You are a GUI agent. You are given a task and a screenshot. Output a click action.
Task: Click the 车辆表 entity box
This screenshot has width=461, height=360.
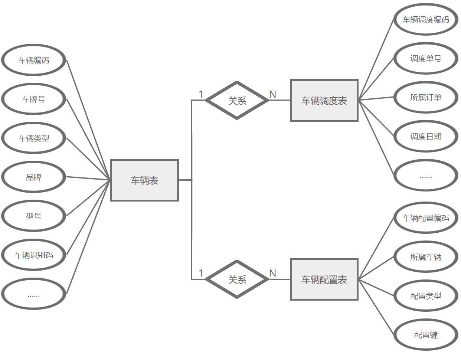pyautogui.click(x=144, y=180)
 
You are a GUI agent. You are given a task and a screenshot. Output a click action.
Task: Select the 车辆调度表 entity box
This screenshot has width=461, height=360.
pyautogui.click(x=324, y=101)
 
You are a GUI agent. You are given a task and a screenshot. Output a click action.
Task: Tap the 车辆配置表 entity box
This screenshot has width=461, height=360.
pyautogui.click(x=324, y=279)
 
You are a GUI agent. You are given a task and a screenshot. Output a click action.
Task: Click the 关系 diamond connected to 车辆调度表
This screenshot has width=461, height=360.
pyautogui.click(x=237, y=101)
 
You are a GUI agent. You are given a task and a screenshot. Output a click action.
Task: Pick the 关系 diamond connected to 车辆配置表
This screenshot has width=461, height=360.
pyautogui.click(x=237, y=279)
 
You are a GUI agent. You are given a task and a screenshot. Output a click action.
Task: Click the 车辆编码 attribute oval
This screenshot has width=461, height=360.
pyautogui.click(x=34, y=60)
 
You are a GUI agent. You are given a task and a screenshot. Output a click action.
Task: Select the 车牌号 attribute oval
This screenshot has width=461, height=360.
pyautogui.click(x=34, y=99)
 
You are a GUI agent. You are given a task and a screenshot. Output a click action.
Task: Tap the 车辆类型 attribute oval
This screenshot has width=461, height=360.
pyautogui.click(x=34, y=138)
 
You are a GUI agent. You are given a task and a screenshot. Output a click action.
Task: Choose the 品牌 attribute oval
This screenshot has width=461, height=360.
pyautogui.click(x=34, y=177)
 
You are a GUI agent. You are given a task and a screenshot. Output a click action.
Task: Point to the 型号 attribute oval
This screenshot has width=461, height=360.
pyautogui.click(x=34, y=216)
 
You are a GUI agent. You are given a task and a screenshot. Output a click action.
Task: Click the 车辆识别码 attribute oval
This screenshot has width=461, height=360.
pyautogui.click(x=34, y=255)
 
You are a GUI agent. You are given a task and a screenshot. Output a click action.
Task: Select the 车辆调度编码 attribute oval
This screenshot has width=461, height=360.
pyautogui.click(x=426, y=19)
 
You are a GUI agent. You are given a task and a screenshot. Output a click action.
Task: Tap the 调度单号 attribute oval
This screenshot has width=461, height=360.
pyautogui.click(x=426, y=58)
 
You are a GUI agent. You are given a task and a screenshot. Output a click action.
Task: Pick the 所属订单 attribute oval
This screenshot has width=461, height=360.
pyautogui.click(x=426, y=97)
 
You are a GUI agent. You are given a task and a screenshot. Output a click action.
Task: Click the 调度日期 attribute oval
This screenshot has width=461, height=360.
pyautogui.click(x=426, y=136)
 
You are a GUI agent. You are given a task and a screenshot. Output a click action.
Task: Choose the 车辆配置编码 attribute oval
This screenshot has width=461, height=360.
pyautogui.click(x=426, y=218)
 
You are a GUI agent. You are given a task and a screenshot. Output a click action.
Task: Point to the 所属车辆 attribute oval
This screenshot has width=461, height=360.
pyautogui.click(x=426, y=257)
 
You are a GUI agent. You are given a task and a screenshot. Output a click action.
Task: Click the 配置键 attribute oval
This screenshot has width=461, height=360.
pyautogui.click(x=426, y=335)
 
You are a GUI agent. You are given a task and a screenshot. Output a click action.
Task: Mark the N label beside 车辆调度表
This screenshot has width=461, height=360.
pyautogui.click(x=273, y=94)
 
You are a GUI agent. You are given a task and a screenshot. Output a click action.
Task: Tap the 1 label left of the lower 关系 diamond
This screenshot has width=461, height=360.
pyautogui.click(x=201, y=273)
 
